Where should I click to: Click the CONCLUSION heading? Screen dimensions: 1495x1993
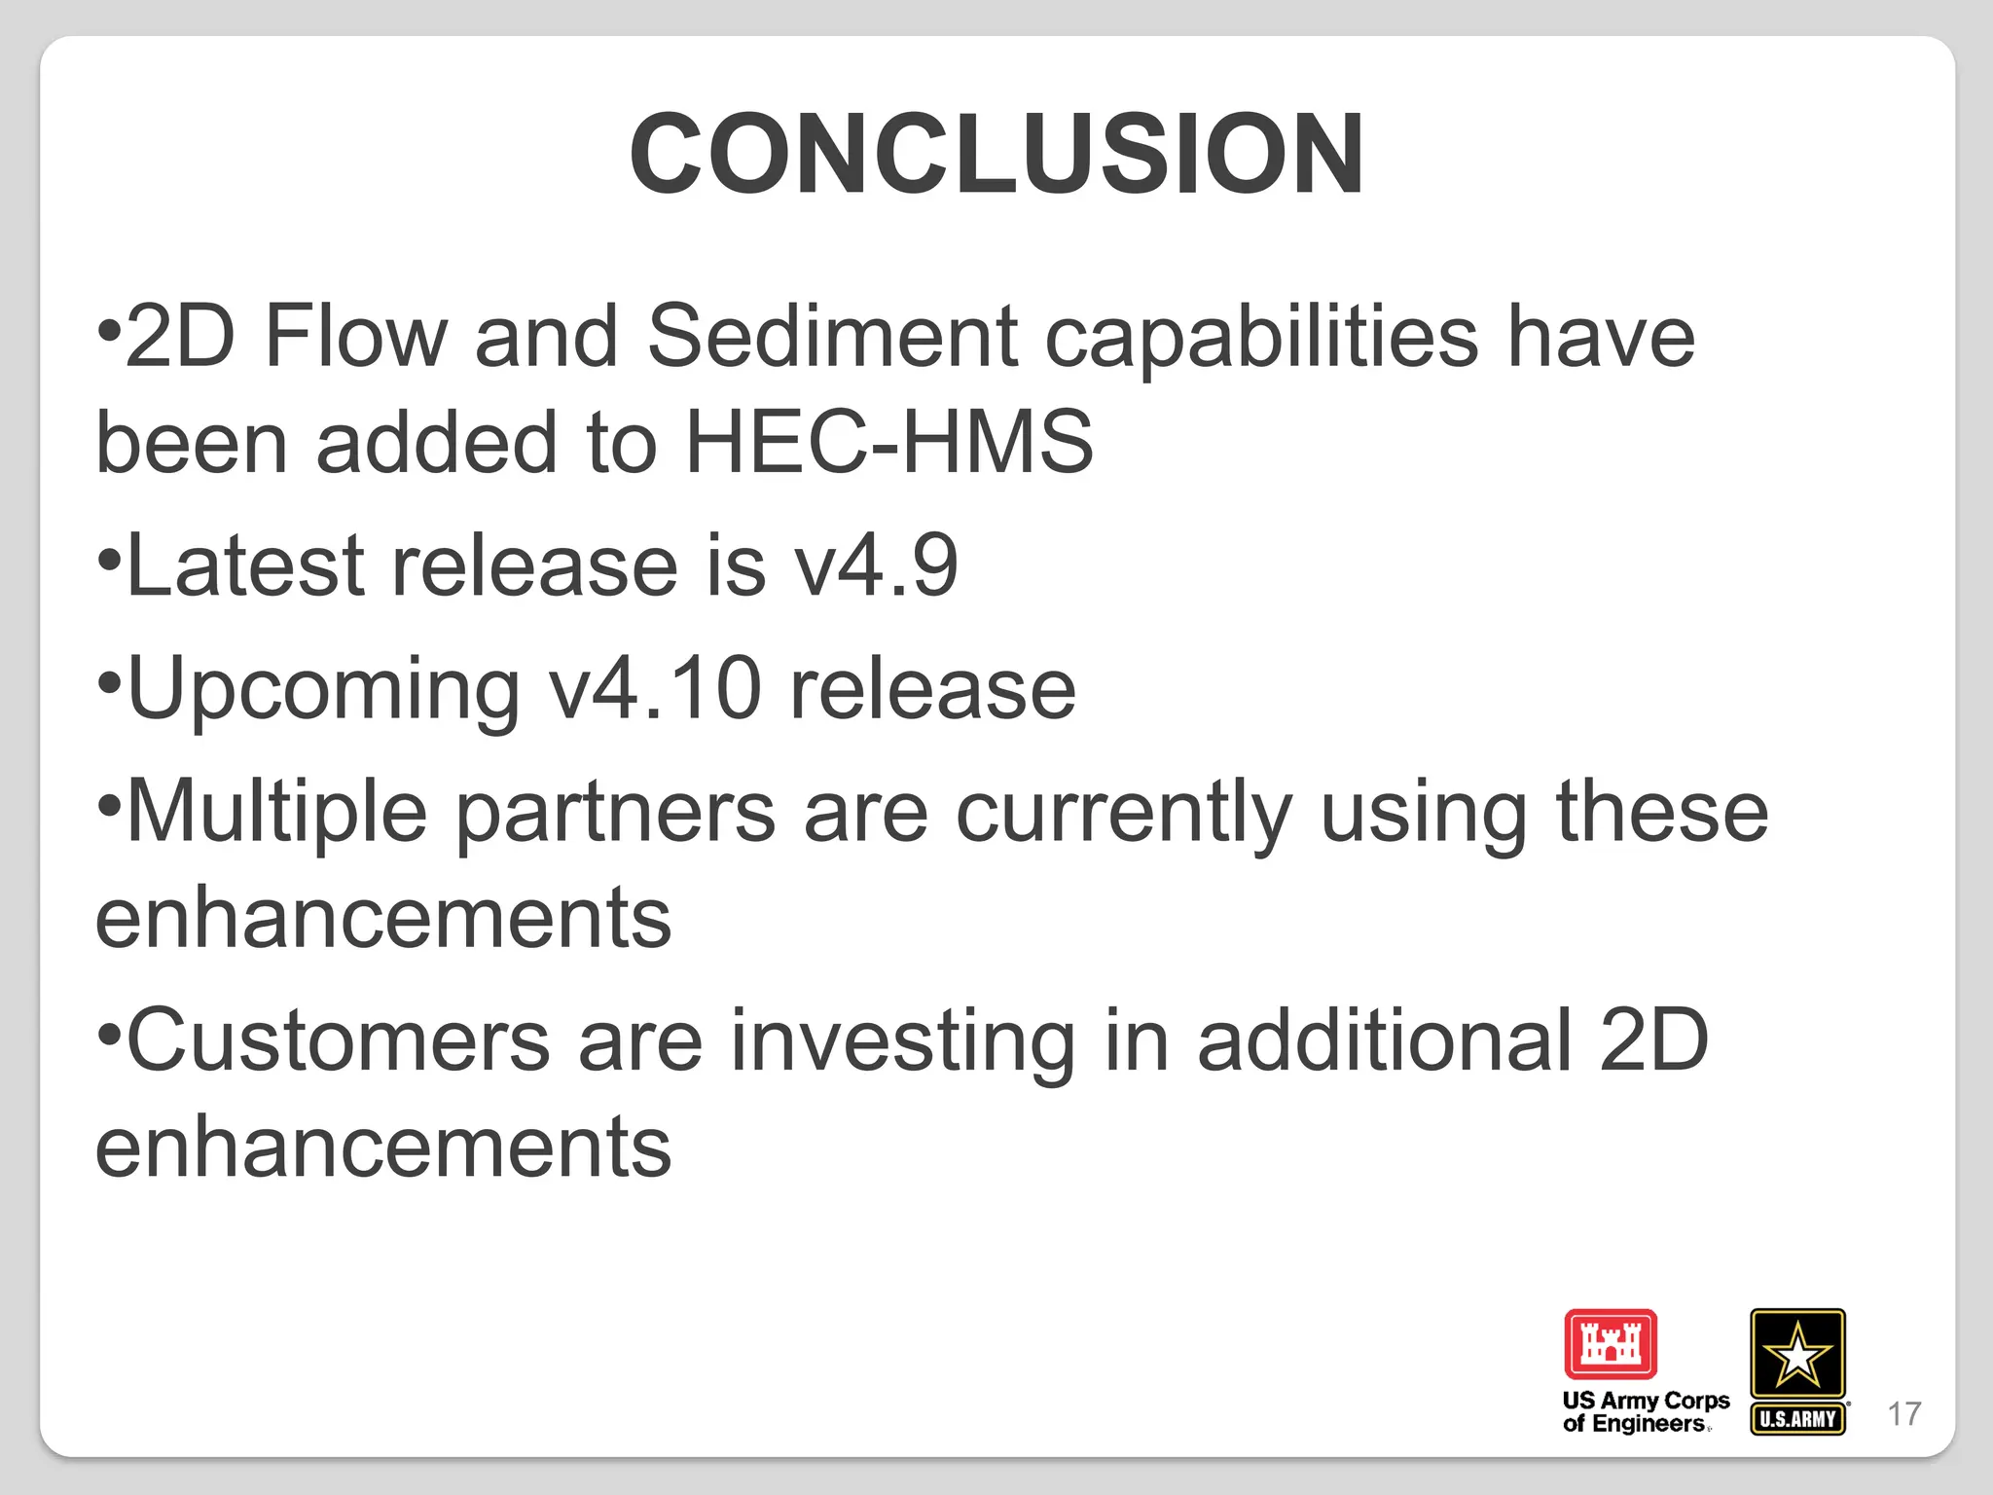[996, 154]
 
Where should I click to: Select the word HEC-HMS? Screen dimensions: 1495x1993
[889, 443]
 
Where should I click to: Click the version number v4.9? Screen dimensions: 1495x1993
[876, 565]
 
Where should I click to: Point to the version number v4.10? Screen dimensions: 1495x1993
[655, 688]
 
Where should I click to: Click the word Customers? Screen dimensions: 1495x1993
[339, 1040]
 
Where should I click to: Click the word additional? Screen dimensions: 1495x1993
[1384, 1040]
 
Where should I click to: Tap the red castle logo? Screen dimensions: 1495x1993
[1611, 1344]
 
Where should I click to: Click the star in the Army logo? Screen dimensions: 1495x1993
[1797, 1354]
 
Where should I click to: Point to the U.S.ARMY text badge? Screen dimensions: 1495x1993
[1797, 1419]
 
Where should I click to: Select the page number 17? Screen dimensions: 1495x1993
[1904, 1414]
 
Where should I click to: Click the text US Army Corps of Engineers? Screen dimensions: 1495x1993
[1646, 1412]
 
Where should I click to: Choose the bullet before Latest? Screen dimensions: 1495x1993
[109, 560]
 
